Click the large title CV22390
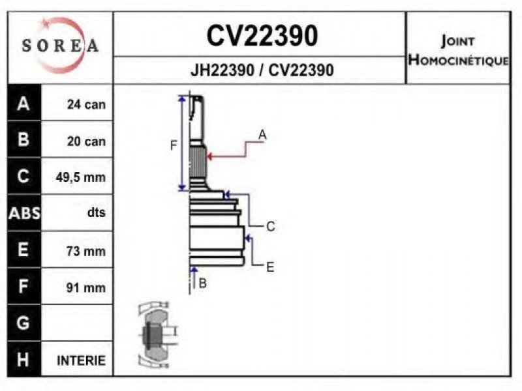262,36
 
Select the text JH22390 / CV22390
262,70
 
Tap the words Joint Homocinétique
457,51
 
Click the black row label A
23,104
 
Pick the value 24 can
85,104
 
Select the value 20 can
85,141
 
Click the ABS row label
23,213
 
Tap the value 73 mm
85,251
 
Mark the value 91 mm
85,287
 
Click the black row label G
23,323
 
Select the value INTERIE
81,360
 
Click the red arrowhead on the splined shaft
211,155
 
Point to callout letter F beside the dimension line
174,146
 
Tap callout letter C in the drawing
270,227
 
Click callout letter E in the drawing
270,266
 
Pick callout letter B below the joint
202,283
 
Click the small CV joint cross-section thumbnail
155,334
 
